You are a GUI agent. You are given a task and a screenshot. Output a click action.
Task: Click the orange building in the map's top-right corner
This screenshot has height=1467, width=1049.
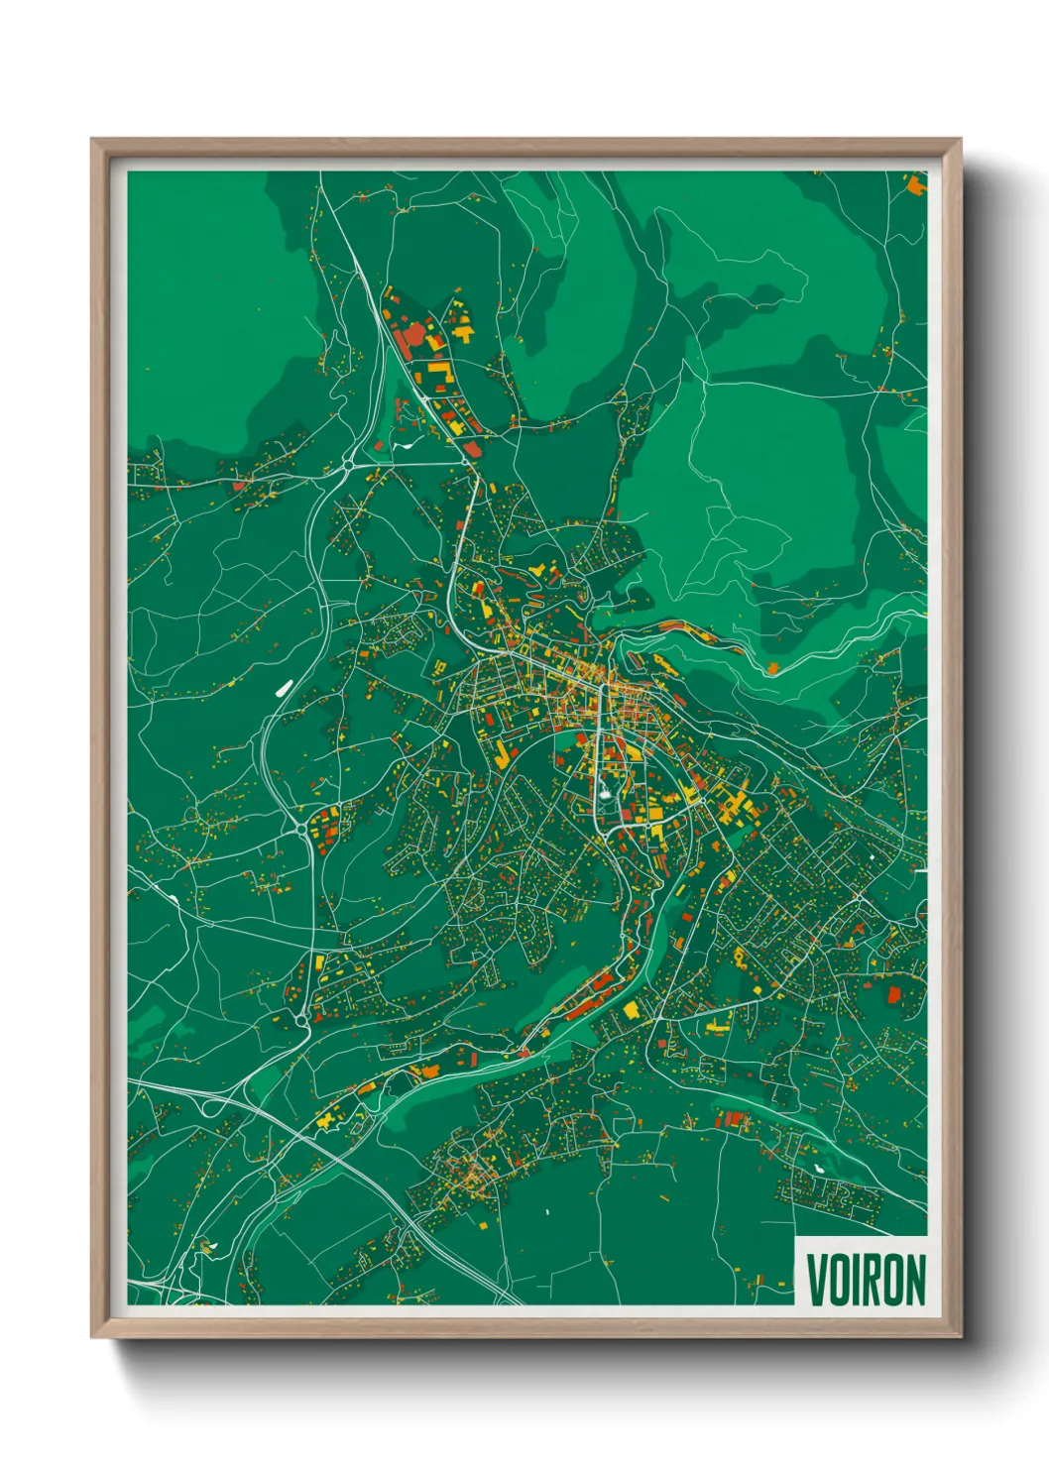(914, 182)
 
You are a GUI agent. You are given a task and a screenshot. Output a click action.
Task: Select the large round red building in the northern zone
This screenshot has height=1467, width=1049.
(408, 337)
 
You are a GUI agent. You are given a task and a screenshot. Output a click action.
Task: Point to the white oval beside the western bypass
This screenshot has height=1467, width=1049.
(282, 687)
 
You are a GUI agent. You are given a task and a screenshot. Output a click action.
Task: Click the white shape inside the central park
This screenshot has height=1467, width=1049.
(605, 792)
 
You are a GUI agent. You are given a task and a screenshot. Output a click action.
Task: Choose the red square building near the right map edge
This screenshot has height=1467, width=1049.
(893, 994)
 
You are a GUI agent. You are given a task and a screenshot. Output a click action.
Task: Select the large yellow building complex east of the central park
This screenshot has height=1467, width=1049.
(736, 805)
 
